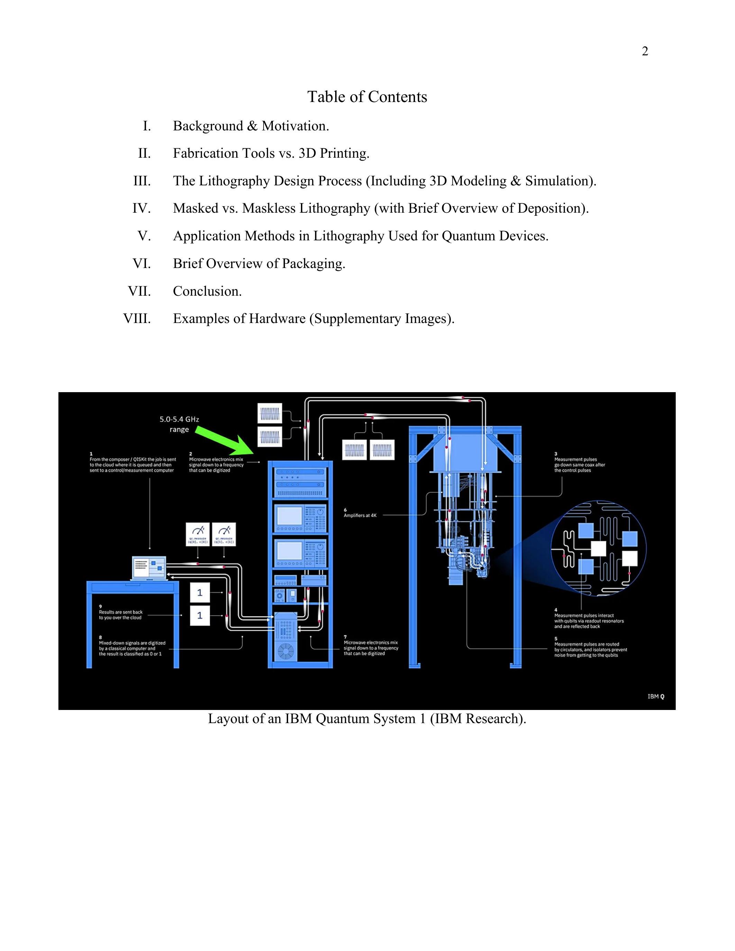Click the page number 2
pyautogui.click(x=645, y=52)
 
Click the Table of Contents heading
pyautogui.click(x=367, y=97)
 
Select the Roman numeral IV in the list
pyautogui.click(x=141, y=209)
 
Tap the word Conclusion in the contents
pyautogui.click(x=207, y=291)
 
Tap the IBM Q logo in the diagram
pyautogui.click(x=656, y=696)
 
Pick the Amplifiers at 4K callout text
pyautogui.click(x=360, y=515)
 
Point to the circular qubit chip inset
pyautogui.click(x=599, y=549)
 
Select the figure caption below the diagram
pyautogui.click(x=367, y=719)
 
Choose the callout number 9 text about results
pyautogui.click(x=121, y=615)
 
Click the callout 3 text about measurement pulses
pyautogui.click(x=580, y=465)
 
